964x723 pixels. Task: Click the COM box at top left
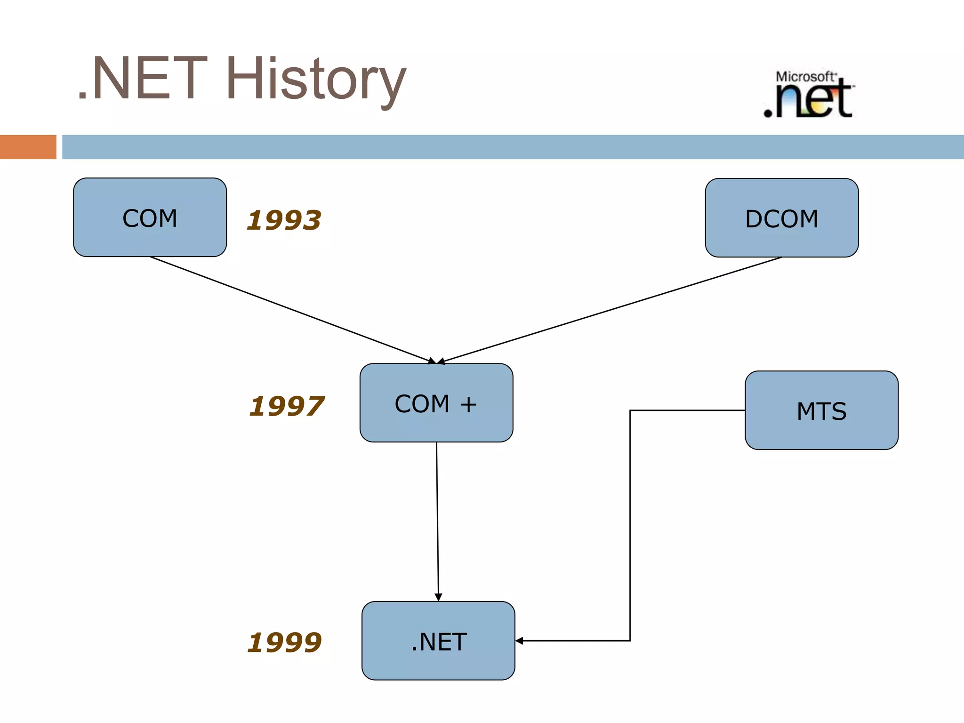[x=150, y=217]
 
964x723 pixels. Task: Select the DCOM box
[x=781, y=218]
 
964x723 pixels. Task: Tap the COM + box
[x=436, y=403]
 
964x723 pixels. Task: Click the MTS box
[x=821, y=410]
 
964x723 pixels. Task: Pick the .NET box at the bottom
[x=438, y=641]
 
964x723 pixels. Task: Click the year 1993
[x=284, y=220]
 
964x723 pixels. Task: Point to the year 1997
[x=286, y=406]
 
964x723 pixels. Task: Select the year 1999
[x=284, y=643]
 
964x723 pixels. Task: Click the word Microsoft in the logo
[x=805, y=76]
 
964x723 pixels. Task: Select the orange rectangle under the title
[x=28, y=147]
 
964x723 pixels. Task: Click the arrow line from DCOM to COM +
[x=612, y=309]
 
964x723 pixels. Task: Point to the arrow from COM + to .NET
[x=437, y=518]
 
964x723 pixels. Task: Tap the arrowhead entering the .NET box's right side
[x=519, y=641]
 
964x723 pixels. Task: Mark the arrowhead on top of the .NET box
[x=438, y=597]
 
